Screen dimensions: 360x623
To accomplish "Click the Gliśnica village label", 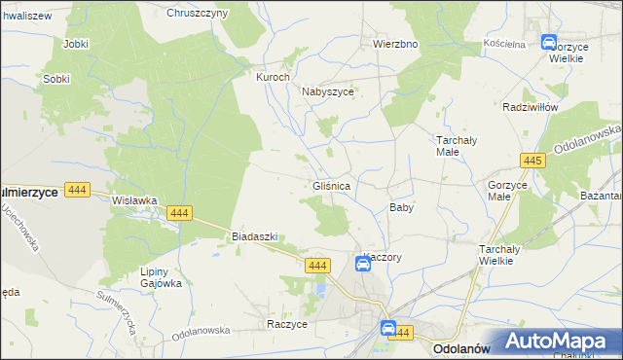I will click(x=332, y=185).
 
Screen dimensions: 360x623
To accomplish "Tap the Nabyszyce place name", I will click(x=327, y=91).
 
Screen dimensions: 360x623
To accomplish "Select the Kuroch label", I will click(x=273, y=77).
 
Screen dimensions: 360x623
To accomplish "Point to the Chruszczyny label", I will click(x=197, y=13).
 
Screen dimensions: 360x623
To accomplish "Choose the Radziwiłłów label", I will click(x=529, y=107).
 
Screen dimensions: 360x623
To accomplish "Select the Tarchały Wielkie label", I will click(x=503, y=256).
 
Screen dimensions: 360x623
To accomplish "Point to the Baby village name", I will click(x=402, y=207).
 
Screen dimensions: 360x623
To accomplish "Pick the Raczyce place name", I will click(x=287, y=323).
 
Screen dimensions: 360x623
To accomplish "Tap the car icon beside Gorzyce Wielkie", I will click(x=548, y=43).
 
